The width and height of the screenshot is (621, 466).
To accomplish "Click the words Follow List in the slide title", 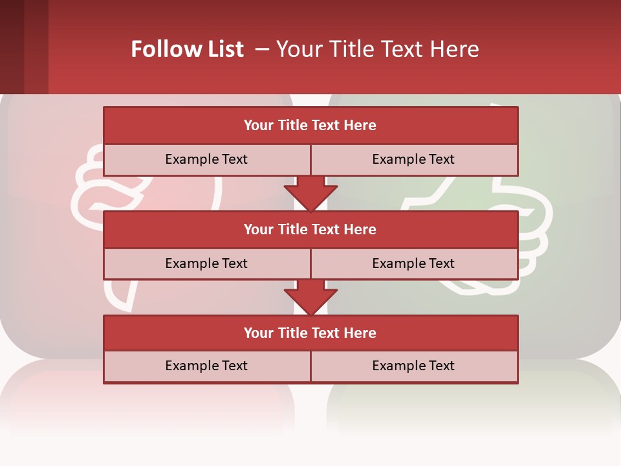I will click(187, 49).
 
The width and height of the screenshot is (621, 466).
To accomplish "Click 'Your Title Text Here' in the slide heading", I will click(377, 49).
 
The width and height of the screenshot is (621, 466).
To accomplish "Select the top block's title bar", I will click(310, 126).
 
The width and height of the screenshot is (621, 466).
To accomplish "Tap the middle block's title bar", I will click(310, 230).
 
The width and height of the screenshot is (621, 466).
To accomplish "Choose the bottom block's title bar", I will click(310, 333).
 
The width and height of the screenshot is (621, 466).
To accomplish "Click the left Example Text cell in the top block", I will click(206, 159).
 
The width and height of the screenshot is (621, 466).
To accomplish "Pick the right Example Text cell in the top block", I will click(413, 159).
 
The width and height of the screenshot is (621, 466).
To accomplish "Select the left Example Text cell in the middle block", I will click(206, 263).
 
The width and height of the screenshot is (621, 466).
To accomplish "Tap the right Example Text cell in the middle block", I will click(413, 263).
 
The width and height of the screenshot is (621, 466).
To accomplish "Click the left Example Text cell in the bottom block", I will click(206, 366).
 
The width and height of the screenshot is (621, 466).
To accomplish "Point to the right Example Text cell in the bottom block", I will click(413, 366).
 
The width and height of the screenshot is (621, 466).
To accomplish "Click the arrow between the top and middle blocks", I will click(310, 193).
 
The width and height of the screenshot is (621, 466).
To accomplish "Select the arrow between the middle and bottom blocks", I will click(310, 297).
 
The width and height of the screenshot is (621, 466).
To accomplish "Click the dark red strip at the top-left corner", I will click(24, 47).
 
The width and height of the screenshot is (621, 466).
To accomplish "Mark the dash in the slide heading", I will click(262, 49).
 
